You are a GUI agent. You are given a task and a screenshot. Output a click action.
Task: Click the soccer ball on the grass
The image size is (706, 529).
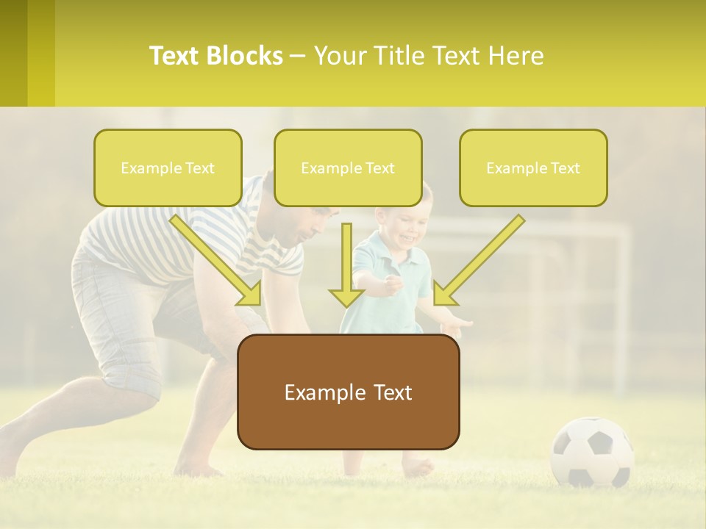point(592,452)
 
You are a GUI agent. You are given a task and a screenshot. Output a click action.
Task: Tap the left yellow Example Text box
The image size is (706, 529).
point(168,168)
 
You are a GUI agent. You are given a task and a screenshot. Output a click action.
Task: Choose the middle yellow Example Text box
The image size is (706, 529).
point(348,168)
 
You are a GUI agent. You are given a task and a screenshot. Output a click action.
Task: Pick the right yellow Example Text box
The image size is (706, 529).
point(533,168)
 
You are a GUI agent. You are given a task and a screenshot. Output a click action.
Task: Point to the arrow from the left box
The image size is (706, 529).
point(217,261)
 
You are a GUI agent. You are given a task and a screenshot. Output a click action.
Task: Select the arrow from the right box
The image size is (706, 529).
point(478,261)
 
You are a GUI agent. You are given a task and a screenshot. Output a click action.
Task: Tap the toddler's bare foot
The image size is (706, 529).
point(418,467)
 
